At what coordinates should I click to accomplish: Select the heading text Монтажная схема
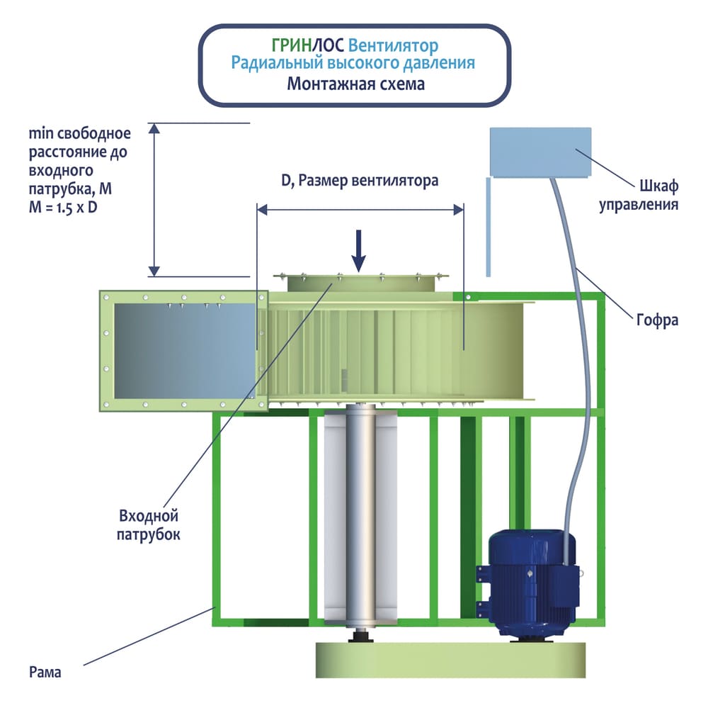coord(355,84)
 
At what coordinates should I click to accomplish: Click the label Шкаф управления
coord(639,196)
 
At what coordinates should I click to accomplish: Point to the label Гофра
coord(657,320)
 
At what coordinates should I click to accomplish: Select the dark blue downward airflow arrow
coord(359,249)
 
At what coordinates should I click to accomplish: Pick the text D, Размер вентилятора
coord(360,181)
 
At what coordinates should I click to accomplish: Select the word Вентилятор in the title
coord(394,46)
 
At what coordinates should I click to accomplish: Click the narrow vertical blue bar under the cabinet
coord(488,225)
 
